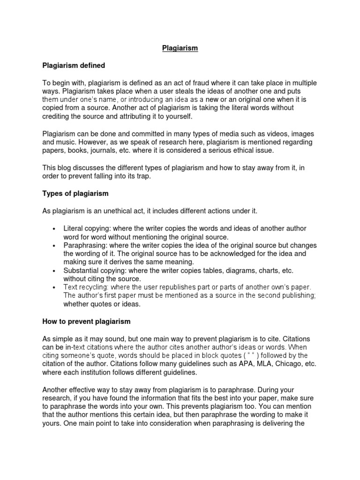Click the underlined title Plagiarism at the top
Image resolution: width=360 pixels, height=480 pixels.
[180, 48]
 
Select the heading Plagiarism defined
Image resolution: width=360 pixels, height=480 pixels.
[74, 65]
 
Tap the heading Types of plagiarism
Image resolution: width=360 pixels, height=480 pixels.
[75, 194]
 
